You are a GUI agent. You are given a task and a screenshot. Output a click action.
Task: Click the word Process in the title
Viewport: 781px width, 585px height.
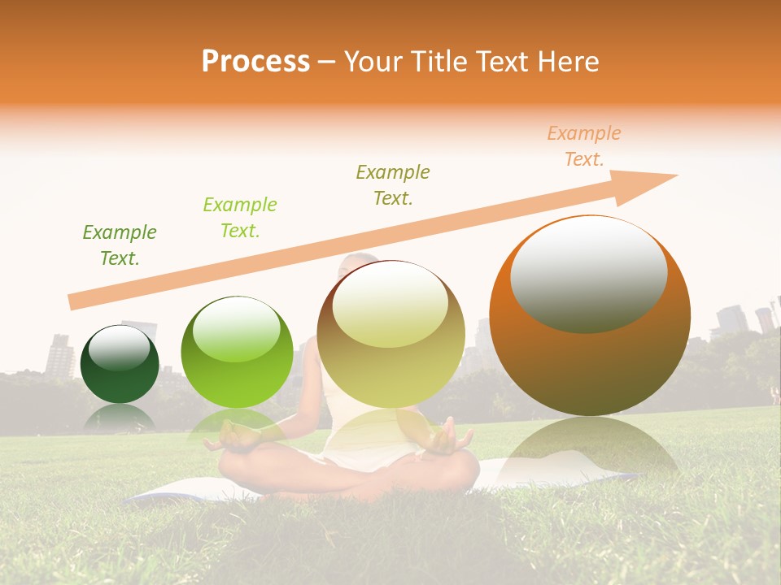(x=255, y=61)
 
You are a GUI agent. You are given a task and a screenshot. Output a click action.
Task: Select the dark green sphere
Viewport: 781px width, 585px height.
(x=120, y=364)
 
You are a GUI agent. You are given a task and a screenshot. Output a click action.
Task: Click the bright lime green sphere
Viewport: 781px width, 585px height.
(x=237, y=352)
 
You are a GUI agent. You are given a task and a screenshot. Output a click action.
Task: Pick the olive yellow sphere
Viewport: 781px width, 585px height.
(x=390, y=334)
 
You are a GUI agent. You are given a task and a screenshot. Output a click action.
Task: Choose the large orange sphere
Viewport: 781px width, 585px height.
(x=590, y=315)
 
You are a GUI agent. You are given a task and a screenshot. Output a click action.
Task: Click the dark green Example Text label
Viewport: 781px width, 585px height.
(x=120, y=245)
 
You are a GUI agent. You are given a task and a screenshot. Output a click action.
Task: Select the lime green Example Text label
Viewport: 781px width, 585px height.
(x=240, y=218)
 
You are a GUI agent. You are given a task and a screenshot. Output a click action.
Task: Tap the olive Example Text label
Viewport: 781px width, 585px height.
(x=393, y=185)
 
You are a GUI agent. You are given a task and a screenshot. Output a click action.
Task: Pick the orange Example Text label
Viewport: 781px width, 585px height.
(x=583, y=146)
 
